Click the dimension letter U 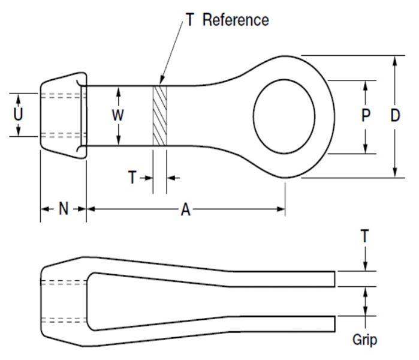point(19,113)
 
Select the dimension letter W point(118,115)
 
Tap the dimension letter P point(366,116)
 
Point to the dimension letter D point(394,116)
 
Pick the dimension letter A point(186,209)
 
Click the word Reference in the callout point(236,20)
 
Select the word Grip point(364,340)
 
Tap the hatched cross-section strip point(159,115)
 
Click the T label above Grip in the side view point(364,236)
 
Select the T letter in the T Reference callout point(189,20)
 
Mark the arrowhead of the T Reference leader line point(161,82)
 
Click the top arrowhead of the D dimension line point(394,60)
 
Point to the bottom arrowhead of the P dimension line point(366,149)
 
